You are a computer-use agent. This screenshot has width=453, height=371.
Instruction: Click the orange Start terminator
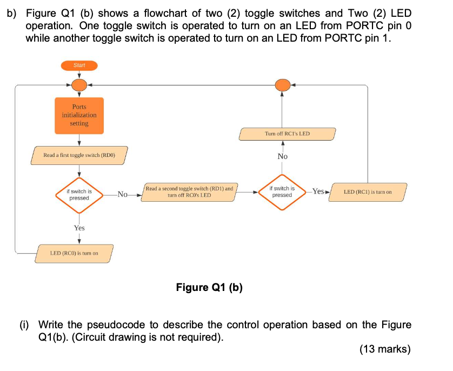(79, 65)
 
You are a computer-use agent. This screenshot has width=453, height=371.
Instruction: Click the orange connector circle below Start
(79, 85)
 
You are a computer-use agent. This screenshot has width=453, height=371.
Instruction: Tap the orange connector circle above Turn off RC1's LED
(282, 85)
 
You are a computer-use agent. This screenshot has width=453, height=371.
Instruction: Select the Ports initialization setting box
(79, 115)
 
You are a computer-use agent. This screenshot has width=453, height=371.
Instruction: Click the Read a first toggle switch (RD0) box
(79, 155)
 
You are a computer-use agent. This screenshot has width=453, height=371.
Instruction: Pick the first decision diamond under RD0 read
(79, 194)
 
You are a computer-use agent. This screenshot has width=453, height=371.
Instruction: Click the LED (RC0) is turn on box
(74, 253)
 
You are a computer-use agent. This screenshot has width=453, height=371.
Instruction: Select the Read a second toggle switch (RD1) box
(189, 192)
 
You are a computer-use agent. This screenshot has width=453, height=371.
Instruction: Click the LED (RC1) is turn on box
(368, 191)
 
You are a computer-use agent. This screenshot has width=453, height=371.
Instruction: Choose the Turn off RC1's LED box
(287, 133)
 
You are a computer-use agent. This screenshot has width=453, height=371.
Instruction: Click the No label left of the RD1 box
(123, 194)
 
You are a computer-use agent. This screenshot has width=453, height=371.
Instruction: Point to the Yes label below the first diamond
(79, 228)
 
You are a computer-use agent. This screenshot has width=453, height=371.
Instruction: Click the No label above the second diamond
(282, 156)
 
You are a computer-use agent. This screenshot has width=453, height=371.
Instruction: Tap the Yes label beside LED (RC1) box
(318, 191)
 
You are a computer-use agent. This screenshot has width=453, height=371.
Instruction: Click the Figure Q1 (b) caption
(209, 287)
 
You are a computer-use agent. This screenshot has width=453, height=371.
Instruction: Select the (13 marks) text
(384, 349)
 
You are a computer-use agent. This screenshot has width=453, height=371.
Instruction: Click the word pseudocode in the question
(115, 324)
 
